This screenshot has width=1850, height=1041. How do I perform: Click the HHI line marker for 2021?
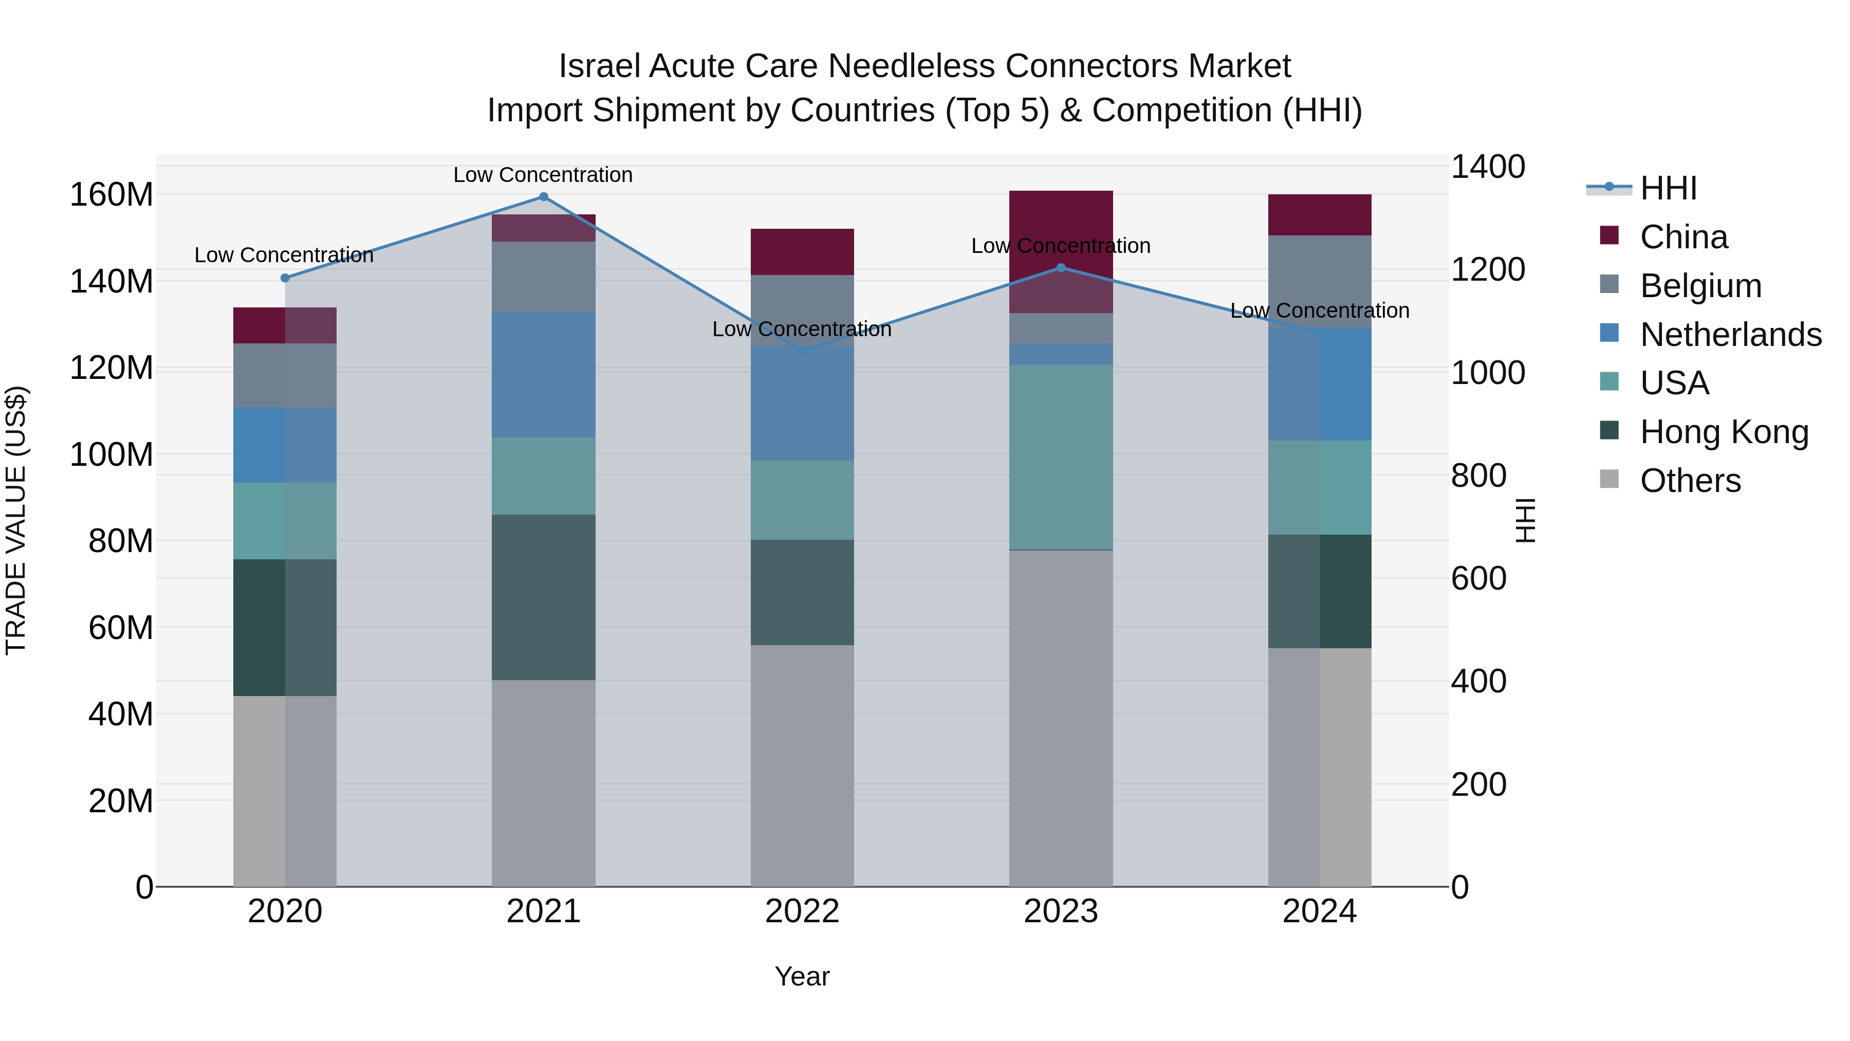(543, 197)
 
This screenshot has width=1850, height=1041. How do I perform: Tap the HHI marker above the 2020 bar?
(285, 278)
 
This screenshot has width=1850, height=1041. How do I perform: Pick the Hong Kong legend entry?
(1723, 432)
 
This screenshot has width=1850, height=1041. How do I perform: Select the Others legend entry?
(1690, 481)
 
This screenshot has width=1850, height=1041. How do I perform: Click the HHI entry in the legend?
(1668, 188)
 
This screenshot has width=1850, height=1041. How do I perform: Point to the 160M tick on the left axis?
(112, 195)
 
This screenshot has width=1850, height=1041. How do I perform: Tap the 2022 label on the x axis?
(802, 911)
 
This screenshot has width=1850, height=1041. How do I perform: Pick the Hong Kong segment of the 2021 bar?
(543, 596)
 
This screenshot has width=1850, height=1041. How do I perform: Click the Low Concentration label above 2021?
(543, 175)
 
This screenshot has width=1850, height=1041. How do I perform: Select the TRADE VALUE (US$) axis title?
(16, 520)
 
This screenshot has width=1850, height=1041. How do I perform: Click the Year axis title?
(802, 976)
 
